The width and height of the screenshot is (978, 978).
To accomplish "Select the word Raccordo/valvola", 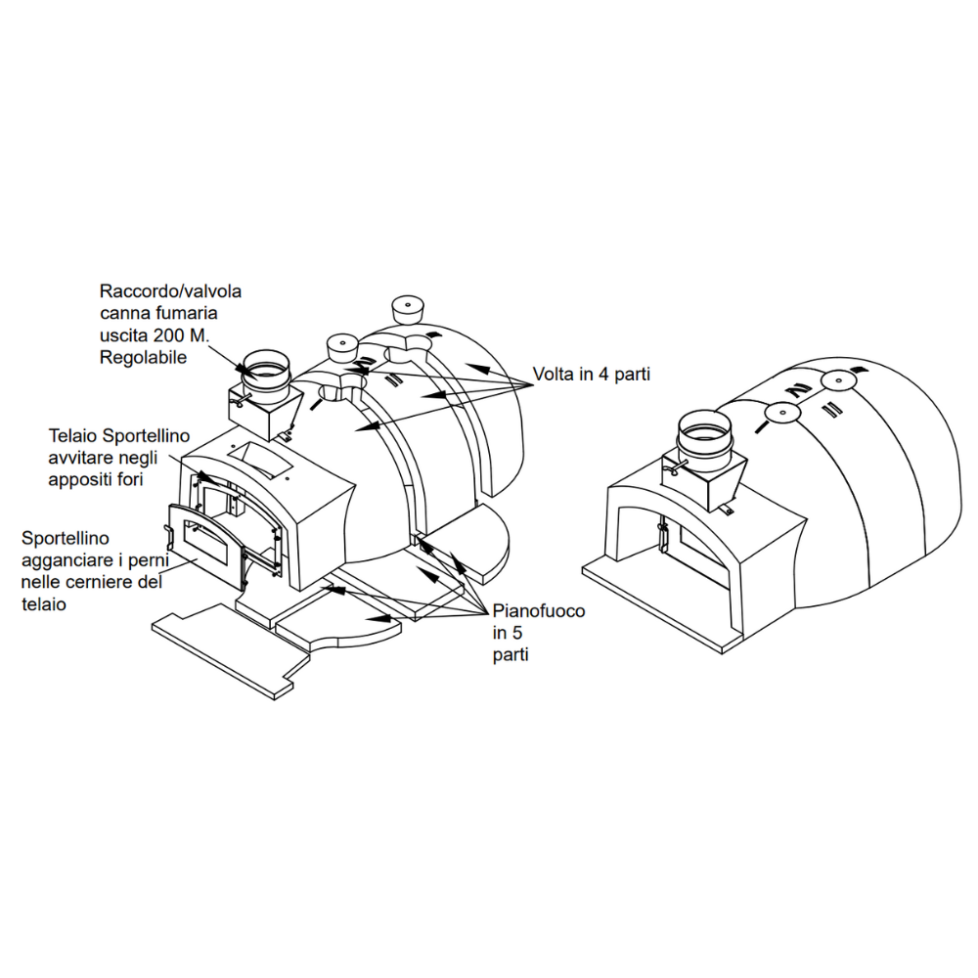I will click(x=170, y=291).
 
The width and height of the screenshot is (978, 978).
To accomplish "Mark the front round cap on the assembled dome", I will click(x=783, y=413).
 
